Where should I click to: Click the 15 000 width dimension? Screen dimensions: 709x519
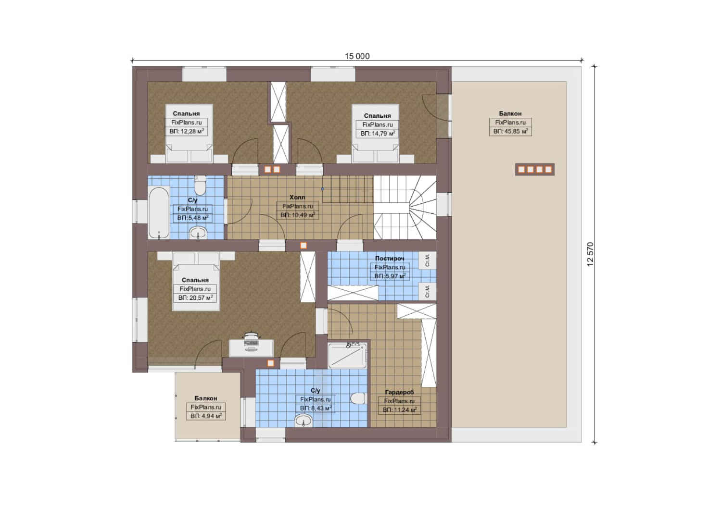[x=357, y=56]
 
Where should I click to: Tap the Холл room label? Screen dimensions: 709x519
[x=297, y=198]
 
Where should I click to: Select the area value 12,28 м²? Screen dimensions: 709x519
[x=187, y=131]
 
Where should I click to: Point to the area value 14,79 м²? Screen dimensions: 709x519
[x=378, y=134]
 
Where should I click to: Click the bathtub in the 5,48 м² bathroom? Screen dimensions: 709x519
[x=159, y=212]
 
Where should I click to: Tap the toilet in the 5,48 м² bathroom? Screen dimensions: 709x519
[x=200, y=185]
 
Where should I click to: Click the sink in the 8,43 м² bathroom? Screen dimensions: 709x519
[x=304, y=421]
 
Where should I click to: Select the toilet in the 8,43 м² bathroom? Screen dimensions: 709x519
[x=358, y=398]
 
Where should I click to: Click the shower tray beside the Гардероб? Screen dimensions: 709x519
[x=348, y=355]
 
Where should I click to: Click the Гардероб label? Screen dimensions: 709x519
[x=399, y=392]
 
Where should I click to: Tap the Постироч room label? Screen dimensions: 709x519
[x=390, y=259]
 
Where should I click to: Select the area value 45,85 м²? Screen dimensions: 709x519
[x=510, y=131]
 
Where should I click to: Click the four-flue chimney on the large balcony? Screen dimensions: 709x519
[x=535, y=170]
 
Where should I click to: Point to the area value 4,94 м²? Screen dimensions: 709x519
[x=206, y=416]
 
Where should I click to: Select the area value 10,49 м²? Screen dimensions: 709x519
[x=298, y=215]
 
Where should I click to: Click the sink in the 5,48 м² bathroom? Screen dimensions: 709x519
[x=198, y=233]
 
